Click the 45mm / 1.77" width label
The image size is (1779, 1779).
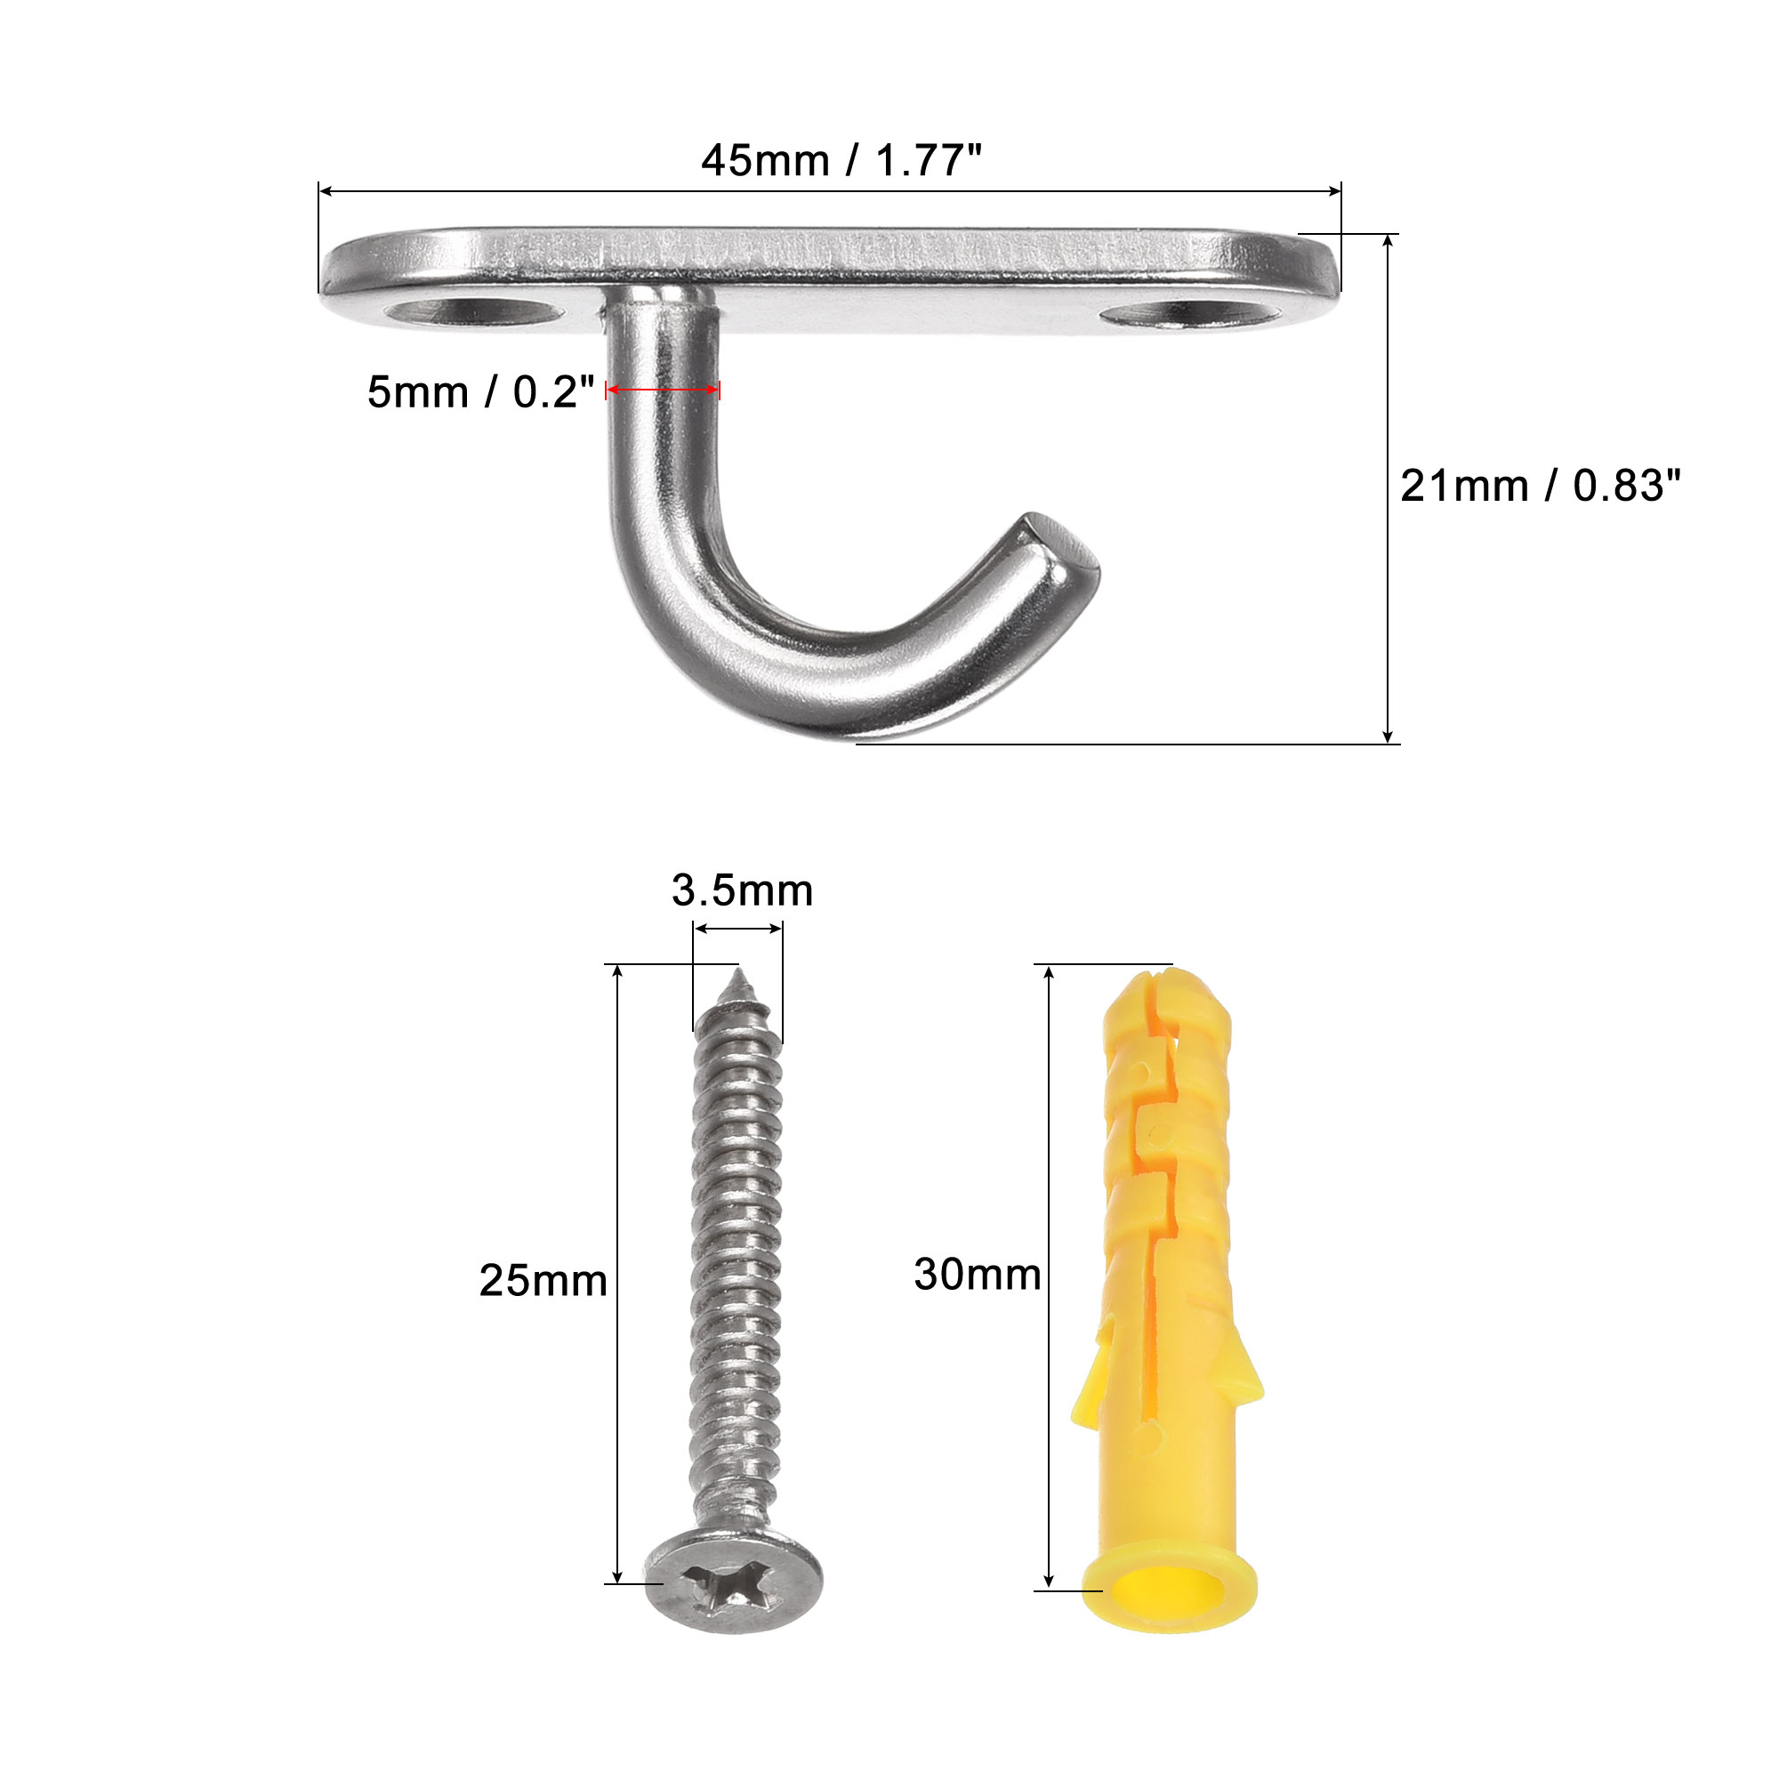click(841, 161)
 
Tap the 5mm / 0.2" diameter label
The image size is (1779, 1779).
click(480, 392)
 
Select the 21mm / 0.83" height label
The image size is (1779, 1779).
click(1541, 487)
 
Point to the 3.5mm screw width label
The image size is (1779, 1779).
click(742, 890)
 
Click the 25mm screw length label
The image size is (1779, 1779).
click(543, 1281)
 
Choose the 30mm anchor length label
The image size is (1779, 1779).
click(978, 1276)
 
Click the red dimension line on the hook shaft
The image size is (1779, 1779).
click(663, 391)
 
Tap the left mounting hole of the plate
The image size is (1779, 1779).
click(474, 312)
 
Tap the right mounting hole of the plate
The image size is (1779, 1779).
click(1191, 314)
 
